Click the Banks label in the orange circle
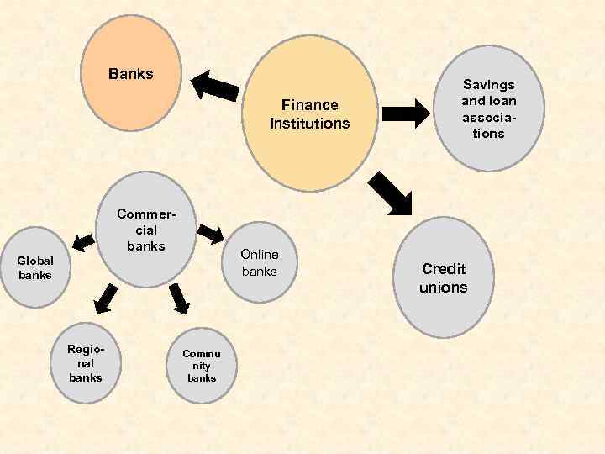point(131,74)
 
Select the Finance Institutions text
point(309,114)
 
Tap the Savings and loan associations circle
point(489,108)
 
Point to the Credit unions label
point(444,278)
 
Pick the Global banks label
point(35,268)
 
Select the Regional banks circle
point(86,362)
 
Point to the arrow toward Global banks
point(82,241)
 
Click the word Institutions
point(309,124)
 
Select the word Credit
point(444,269)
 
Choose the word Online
point(260,255)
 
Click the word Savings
point(489,84)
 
